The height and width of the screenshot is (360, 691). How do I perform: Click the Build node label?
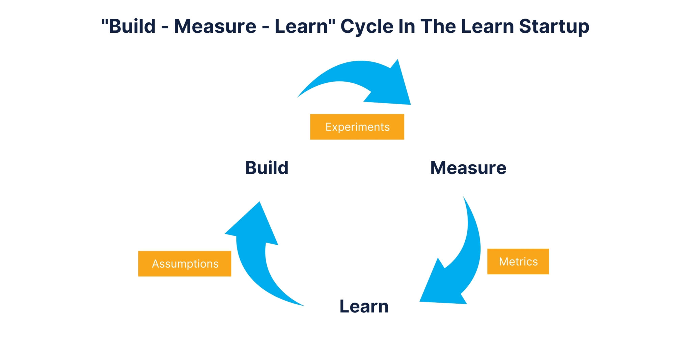pos(267,168)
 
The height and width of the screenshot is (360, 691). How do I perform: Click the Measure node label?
pos(468,168)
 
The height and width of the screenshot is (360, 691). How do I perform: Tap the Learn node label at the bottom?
pos(364,306)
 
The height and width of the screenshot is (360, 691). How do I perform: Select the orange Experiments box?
pos(357,127)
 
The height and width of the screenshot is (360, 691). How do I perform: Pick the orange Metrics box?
pos(518,261)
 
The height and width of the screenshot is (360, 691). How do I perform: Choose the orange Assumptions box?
pos(185,264)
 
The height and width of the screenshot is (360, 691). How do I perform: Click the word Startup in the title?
pos(554,26)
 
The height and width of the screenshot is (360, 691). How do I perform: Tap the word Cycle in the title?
pos(367,26)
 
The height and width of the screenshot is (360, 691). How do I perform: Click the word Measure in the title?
pos(215,26)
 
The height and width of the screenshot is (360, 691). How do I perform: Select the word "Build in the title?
pos(129,26)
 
